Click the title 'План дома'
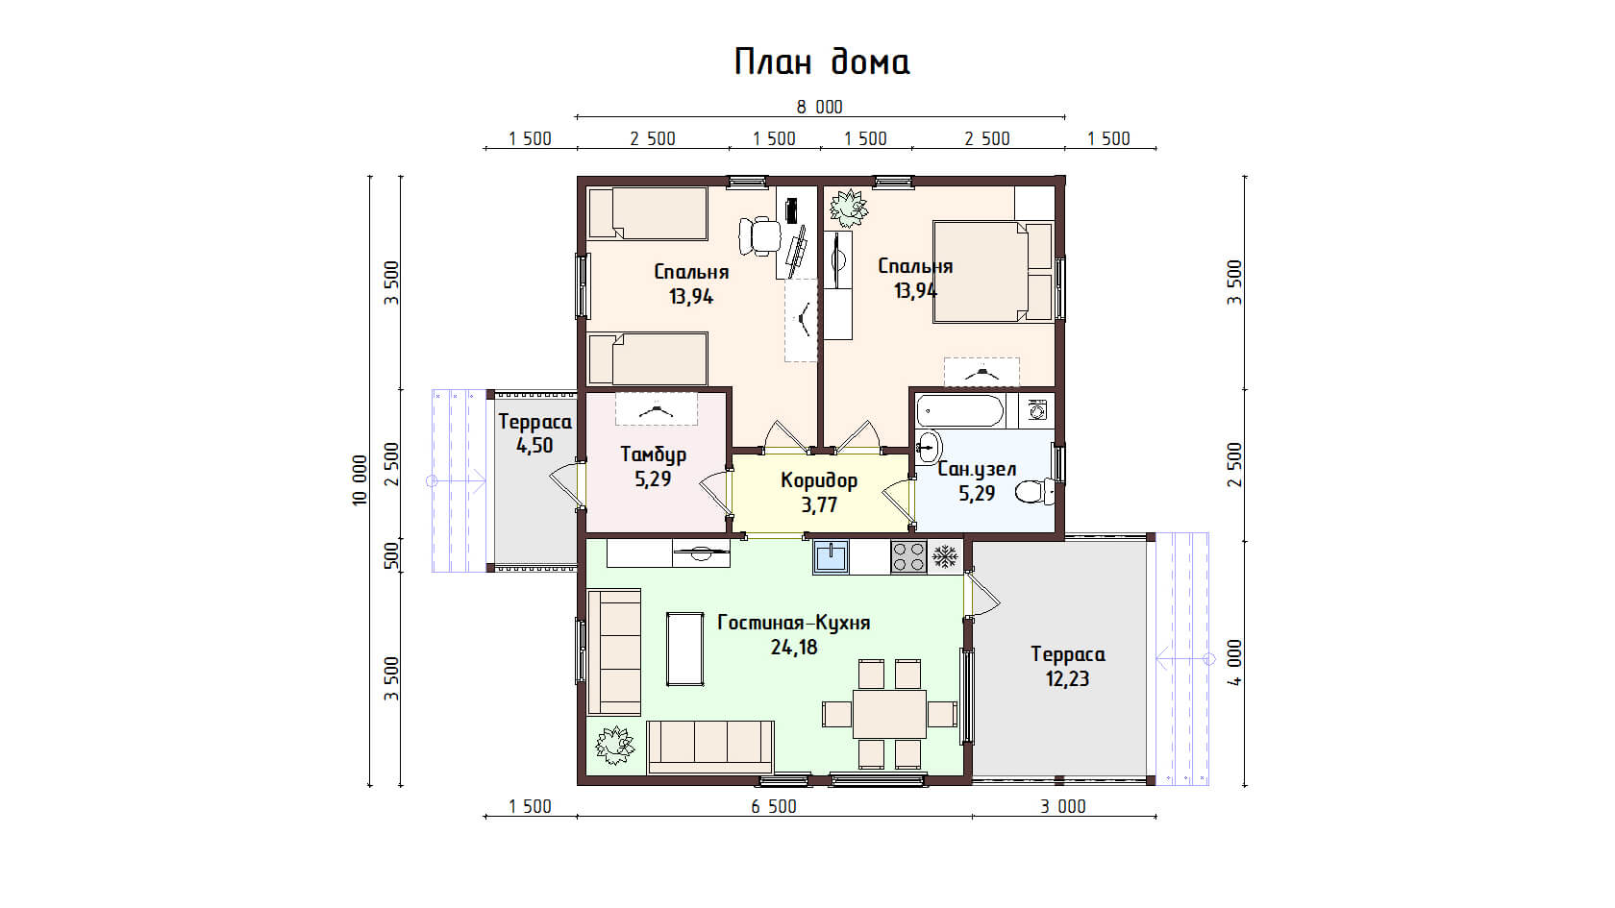(x=822, y=61)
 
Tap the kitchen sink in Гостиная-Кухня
(x=832, y=557)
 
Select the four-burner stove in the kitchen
(x=908, y=557)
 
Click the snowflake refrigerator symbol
(x=944, y=557)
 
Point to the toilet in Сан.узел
(x=1034, y=492)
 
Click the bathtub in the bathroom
(x=959, y=411)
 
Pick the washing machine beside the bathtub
(x=1036, y=411)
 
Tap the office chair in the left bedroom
(x=759, y=236)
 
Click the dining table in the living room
(x=889, y=713)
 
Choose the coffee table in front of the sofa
(x=684, y=649)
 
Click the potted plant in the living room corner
(x=614, y=746)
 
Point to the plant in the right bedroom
(x=849, y=208)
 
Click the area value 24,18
(x=794, y=648)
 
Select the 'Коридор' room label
(x=819, y=480)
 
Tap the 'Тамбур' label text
(x=654, y=454)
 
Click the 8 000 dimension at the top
(x=820, y=108)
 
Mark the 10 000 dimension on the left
(x=360, y=480)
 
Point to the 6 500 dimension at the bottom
(x=775, y=806)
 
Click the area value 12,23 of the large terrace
(x=1067, y=678)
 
